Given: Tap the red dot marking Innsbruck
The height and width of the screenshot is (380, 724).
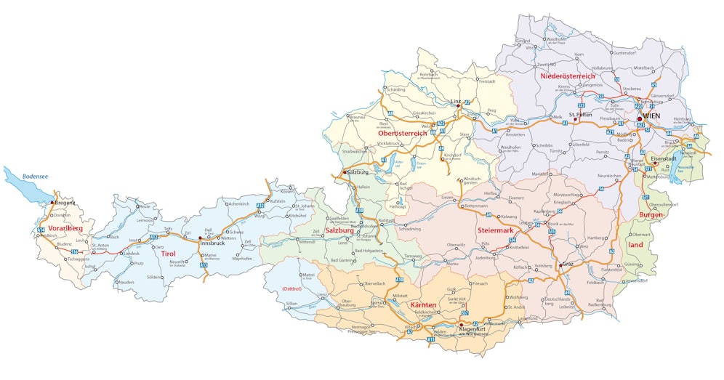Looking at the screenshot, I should point(200,238).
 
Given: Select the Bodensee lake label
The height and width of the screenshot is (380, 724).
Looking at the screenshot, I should point(33,176).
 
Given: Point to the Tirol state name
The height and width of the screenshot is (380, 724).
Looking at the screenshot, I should point(168,254).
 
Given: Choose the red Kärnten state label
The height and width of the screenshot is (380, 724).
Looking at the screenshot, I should point(423,304).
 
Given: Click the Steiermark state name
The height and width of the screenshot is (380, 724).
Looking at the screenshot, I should point(496,230).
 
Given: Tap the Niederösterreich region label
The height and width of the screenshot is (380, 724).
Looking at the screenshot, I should point(568,76).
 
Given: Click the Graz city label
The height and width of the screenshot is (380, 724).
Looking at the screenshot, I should point(567,264).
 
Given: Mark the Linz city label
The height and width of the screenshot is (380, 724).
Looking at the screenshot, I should point(455,101).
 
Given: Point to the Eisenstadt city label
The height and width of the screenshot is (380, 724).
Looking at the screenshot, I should point(664,158).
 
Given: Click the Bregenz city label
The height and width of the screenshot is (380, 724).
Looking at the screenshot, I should point(65,203).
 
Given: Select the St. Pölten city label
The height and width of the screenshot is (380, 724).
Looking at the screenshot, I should point(582,115).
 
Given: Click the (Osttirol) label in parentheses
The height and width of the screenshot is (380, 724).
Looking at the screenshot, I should point(291,288).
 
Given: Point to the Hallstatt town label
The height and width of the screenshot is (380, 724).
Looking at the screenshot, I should point(398,206).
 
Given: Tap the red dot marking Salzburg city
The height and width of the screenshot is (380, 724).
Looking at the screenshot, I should point(345,171).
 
